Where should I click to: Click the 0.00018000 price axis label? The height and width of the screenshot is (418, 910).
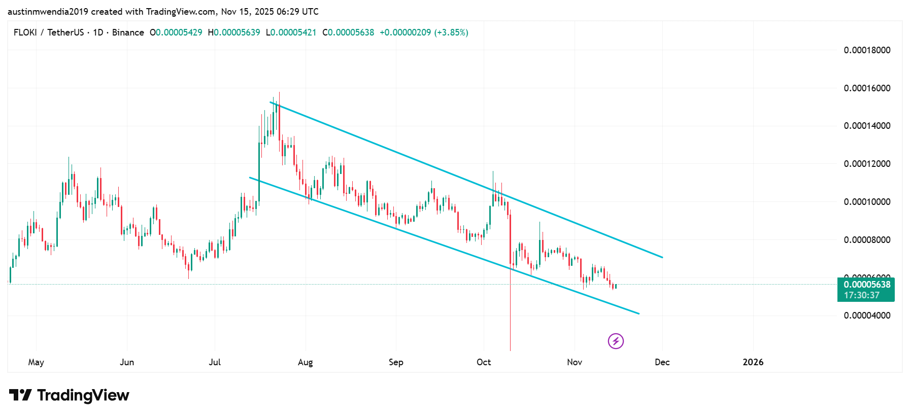coord(867,50)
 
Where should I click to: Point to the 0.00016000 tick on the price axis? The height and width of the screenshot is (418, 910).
coord(867,88)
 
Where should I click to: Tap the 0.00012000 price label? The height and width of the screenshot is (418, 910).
coord(867,164)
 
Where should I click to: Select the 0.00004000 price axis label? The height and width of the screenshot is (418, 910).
coord(867,316)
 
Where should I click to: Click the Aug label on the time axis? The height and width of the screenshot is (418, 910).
coord(305,362)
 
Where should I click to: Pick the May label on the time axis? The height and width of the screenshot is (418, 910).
coord(36,362)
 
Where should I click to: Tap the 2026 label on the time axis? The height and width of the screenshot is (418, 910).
coord(753,362)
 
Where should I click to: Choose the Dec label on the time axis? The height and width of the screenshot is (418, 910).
coord(662,362)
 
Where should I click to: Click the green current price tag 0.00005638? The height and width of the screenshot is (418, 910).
coord(867,285)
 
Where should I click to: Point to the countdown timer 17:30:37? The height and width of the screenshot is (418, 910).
coord(862,295)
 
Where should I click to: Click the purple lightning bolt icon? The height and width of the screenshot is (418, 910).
coord(616,341)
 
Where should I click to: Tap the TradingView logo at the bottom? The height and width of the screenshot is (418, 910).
coord(69,395)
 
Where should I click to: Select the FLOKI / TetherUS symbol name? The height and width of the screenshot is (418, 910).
coord(49,32)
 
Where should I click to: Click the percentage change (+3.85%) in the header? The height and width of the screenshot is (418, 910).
coord(451,32)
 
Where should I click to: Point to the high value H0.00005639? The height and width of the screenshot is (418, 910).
coord(234,32)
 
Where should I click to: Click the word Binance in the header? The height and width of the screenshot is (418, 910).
coord(128,32)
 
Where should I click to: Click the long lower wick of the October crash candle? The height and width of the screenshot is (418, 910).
coord(510,315)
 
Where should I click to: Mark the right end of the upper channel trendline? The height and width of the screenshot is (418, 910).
coord(662,257)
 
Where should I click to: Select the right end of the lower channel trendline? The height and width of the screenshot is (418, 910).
coord(639,313)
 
